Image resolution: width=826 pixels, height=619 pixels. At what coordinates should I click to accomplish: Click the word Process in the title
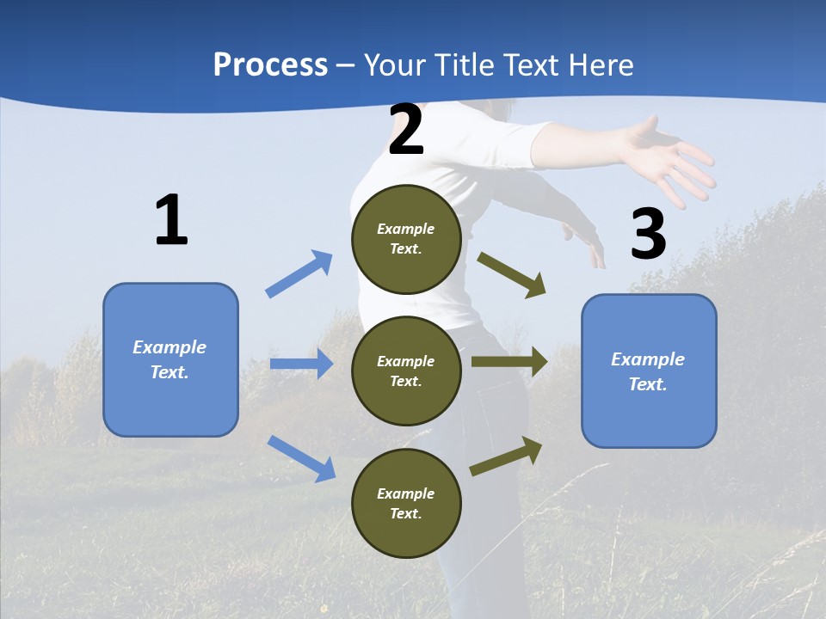point(270,65)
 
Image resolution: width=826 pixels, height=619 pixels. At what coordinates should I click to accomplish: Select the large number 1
point(171,221)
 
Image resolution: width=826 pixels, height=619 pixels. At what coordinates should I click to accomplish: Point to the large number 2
point(406,131)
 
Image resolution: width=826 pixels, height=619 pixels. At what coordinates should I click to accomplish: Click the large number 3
point(648,235)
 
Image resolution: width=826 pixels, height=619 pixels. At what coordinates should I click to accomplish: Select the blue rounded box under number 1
point(170,359)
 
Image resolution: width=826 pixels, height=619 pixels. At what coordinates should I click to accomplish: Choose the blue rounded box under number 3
point(649,371)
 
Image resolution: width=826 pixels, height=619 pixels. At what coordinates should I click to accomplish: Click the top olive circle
point(406,239)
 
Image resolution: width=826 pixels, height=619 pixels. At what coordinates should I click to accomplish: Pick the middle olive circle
point(406,371)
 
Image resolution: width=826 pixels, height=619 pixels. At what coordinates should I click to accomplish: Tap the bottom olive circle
point(406,503)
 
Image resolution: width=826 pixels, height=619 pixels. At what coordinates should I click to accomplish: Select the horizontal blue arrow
point(301,364)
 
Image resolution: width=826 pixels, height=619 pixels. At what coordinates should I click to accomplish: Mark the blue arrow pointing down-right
point(302,458)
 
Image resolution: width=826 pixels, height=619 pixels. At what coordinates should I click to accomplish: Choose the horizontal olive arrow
point(509,361)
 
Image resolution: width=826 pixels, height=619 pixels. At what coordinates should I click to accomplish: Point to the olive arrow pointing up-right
point(507,456)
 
